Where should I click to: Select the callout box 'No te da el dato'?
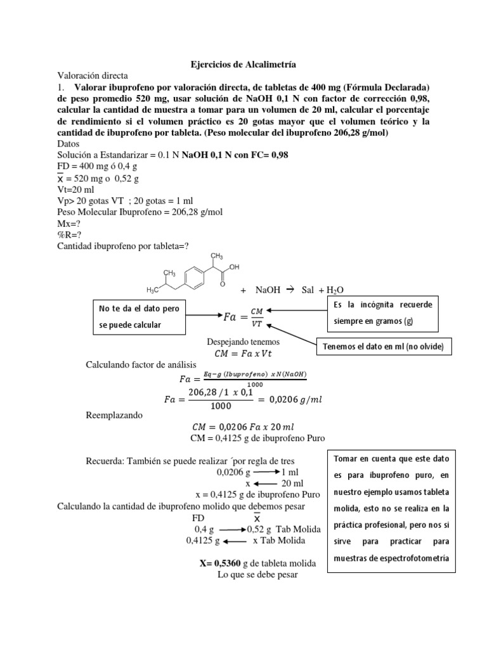click(139, 316)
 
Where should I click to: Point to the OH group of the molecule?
click(234, 267)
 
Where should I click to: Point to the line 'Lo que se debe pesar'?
click(257, 575)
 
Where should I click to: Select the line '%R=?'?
click(68, 234)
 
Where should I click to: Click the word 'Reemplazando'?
click(115, 416)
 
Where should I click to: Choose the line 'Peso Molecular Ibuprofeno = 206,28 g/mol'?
click(140, 212)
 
